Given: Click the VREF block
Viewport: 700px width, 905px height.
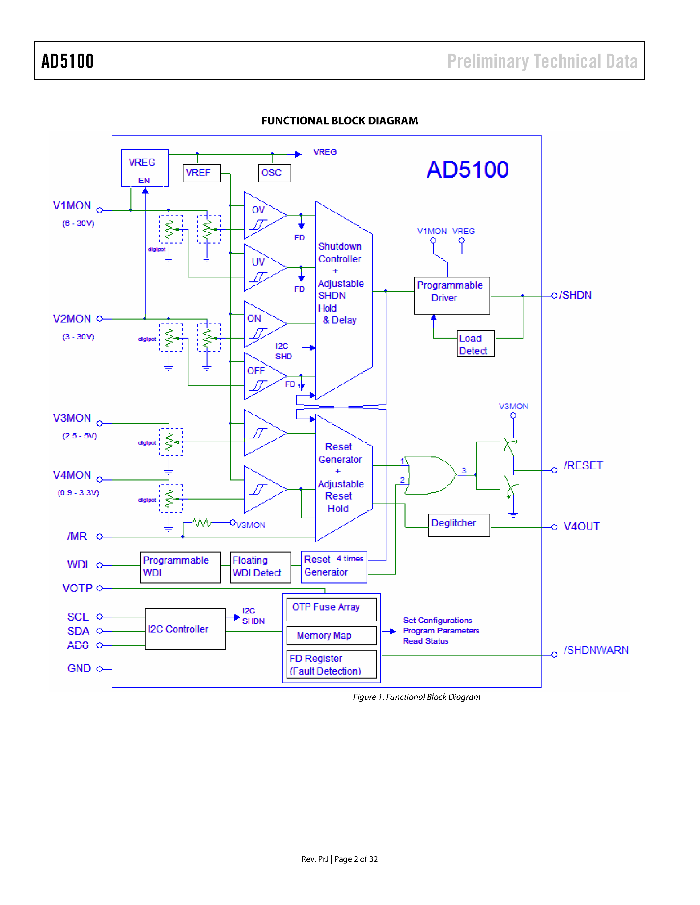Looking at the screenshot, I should point(201,173).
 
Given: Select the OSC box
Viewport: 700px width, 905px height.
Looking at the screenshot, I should point(274,173).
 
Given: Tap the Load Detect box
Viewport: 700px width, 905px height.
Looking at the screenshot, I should point(475,344).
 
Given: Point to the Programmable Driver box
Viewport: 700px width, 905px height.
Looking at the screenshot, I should point(452,296).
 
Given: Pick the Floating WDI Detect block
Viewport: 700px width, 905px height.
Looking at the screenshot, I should point(261,567).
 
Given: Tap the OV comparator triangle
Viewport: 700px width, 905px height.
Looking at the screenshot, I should point(261,216).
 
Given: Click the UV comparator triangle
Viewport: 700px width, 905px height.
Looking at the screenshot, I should point(261,268).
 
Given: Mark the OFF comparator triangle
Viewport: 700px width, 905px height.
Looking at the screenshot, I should point(261,376).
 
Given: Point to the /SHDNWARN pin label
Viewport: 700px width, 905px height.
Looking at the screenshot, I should point(596,650).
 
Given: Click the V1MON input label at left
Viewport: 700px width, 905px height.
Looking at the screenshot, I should point(72,206).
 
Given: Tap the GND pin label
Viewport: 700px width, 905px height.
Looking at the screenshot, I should point(79,668).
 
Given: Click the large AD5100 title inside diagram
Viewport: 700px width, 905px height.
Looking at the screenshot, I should point(467,169).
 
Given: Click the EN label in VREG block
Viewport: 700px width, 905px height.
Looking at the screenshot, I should point(144,181).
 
